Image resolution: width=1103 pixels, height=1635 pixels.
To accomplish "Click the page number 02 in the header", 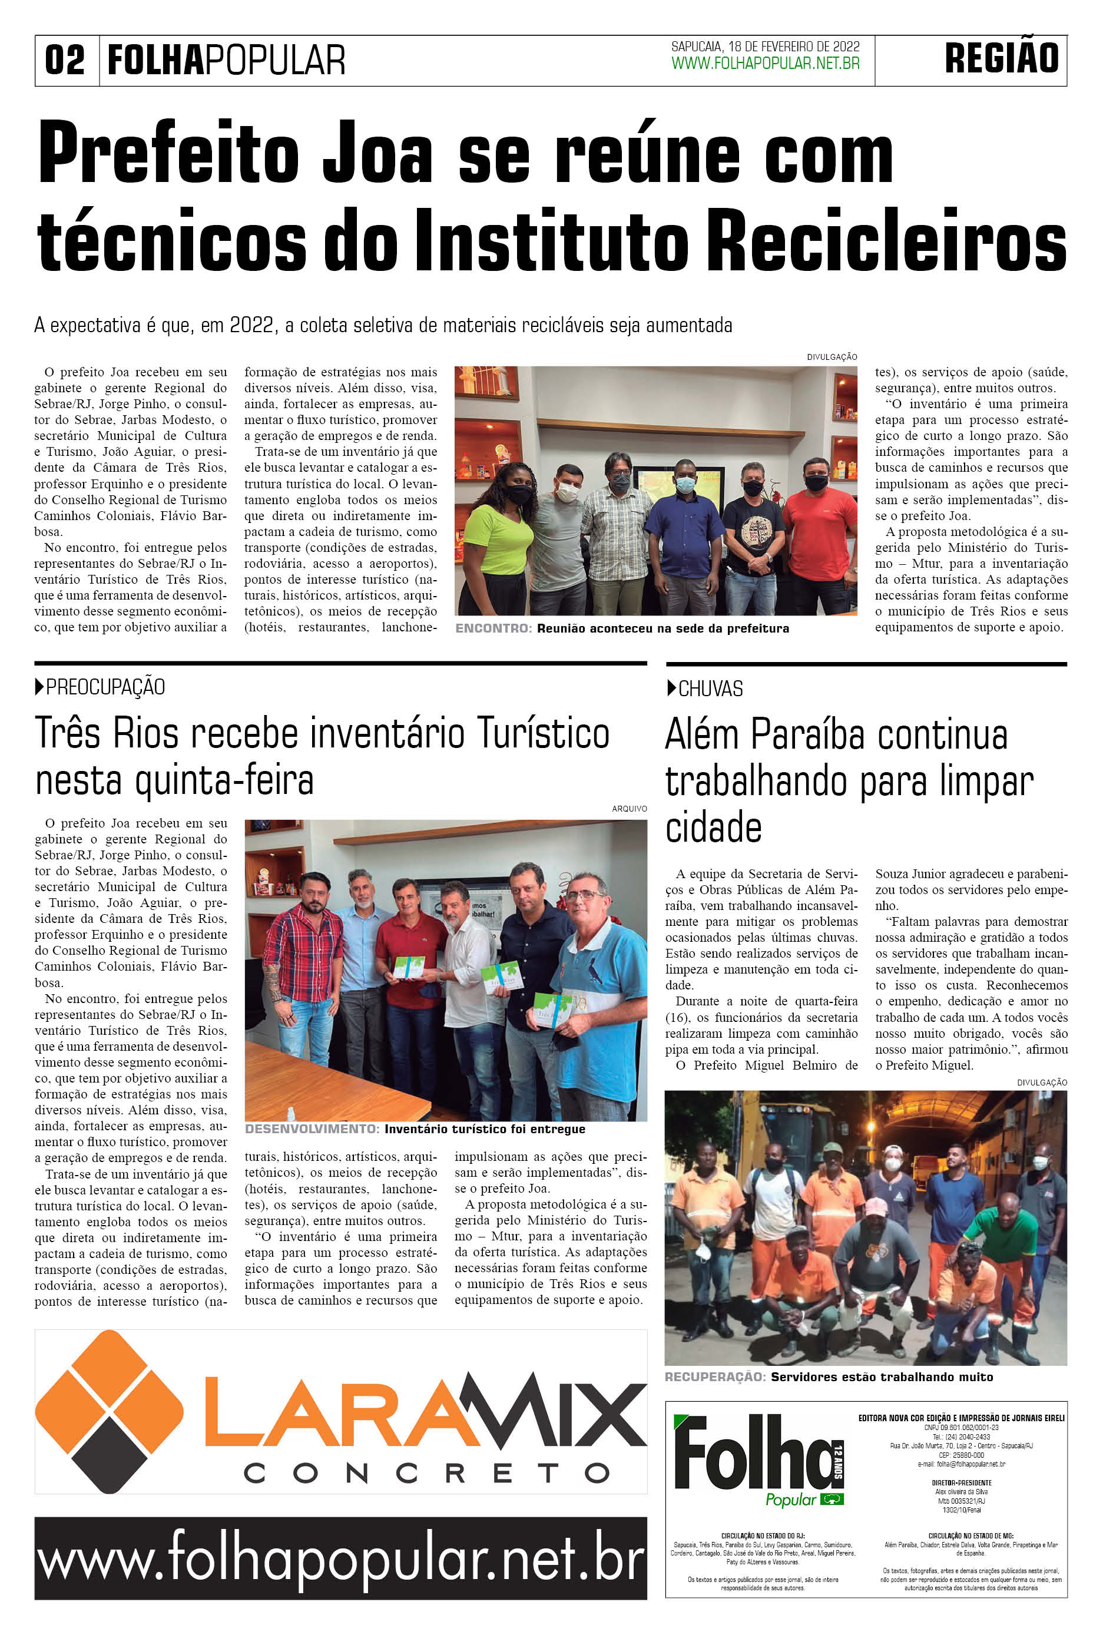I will click(65, 61).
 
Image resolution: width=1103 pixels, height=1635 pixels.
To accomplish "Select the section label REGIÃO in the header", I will click(1001, 59).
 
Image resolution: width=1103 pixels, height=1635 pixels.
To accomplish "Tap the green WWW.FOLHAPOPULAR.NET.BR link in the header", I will click(766, 64).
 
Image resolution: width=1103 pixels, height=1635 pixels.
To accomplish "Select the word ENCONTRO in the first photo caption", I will click(493, 628).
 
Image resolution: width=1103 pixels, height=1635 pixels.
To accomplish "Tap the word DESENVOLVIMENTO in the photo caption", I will click(312, 1129).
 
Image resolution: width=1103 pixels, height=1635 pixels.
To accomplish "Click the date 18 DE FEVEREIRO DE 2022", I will click(793, 47).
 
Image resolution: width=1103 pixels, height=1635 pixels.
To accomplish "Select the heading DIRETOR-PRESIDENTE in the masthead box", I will click(961, 1482).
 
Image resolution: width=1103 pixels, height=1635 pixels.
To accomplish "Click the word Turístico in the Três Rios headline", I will click(542, 734).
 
